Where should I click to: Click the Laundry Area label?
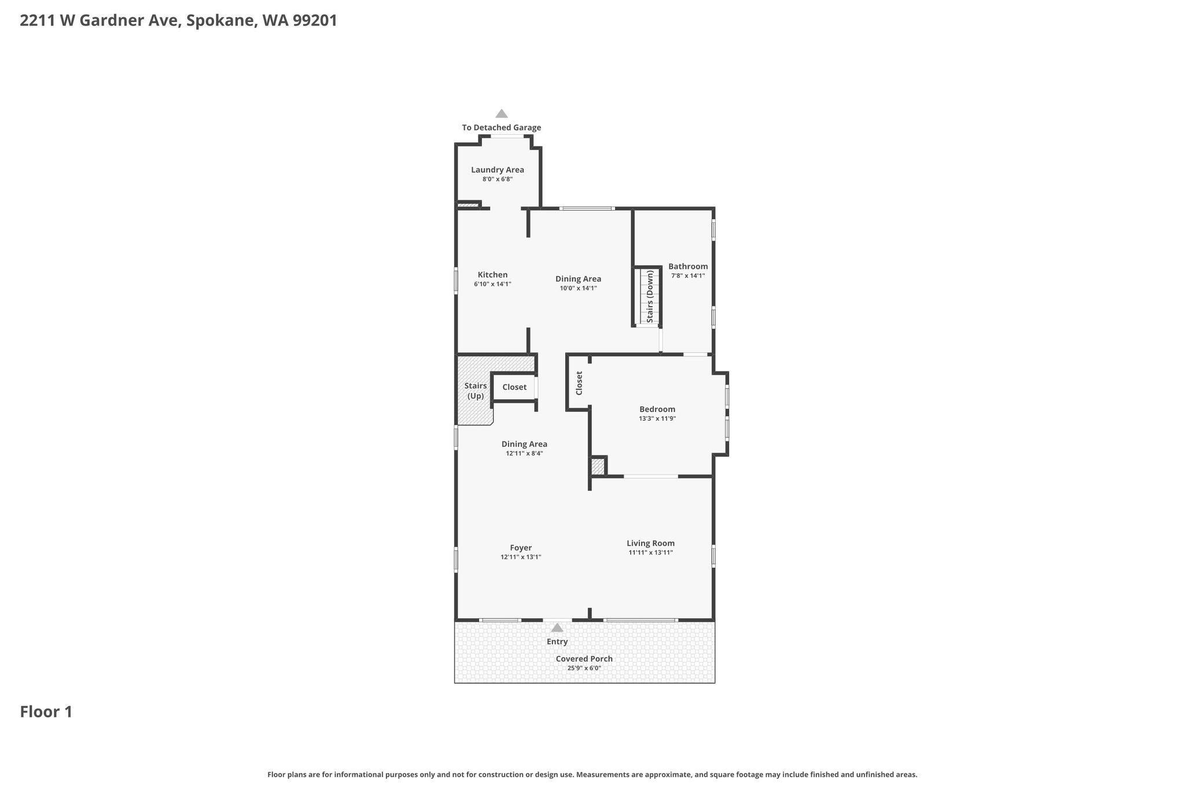498,170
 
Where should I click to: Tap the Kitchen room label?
492,275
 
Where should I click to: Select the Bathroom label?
688,266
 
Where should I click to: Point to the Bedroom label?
657,409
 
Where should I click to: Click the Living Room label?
651,543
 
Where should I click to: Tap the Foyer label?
521,548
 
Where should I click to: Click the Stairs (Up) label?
476,391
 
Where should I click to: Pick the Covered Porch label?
584,659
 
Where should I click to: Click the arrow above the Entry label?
557,627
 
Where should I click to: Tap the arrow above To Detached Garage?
502,113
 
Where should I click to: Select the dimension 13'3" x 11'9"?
657,418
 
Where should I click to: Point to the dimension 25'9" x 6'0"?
584,668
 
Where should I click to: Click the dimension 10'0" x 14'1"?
579,288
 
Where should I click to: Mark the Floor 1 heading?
46,712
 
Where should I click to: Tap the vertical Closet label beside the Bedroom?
579,383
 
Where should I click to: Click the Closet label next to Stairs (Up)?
514,387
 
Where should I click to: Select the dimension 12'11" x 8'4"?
524,454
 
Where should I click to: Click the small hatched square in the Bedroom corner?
598,466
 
